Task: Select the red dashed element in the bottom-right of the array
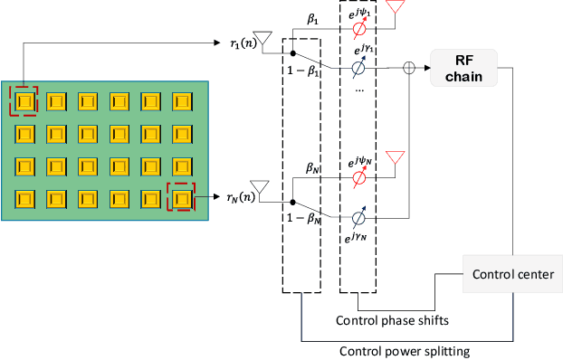pyautogui.click(x=183, y=195)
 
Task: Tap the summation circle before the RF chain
pyautogui.click(x=410, y=67)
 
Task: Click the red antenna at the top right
pyautogui.click(x=395, y=7)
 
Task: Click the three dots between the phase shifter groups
pyautogui.click(x=359, y=89)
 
